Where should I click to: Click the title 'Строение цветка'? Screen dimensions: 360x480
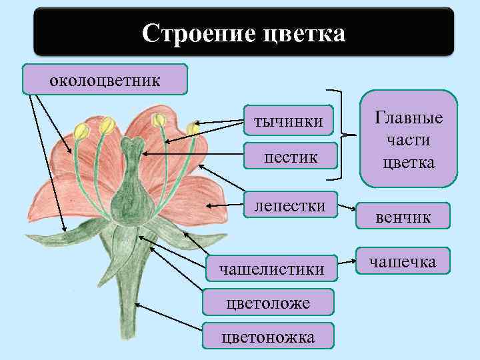[x=243, y=32]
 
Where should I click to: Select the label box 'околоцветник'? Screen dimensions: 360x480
[x=105, y=81]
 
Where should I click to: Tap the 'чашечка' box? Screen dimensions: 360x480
[x=403, y=262]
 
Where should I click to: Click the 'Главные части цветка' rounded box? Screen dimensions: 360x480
[x=409, y=139]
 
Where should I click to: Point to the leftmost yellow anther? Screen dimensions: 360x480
[x=81, y=131]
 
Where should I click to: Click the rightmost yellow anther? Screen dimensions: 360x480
[x=193, y=127]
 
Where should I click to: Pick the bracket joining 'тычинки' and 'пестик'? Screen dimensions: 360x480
[x=341, y=135]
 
